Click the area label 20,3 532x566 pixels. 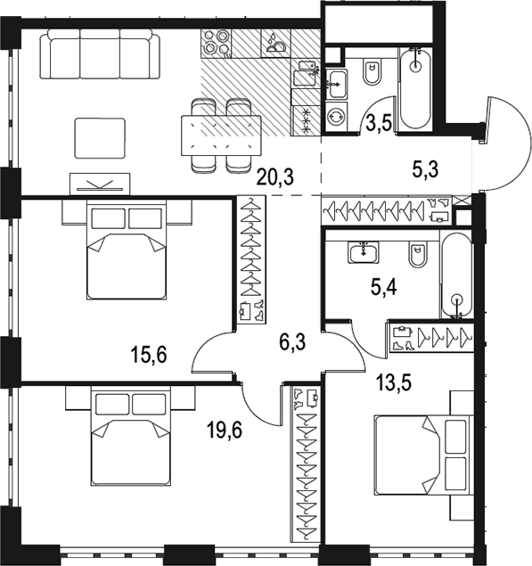[x=275, y=177]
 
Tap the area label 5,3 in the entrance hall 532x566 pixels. [x=426, y=169]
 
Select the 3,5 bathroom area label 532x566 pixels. [x=379, y=124]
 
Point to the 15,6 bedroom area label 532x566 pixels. [x=149, y=355]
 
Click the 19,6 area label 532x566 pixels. [x=225, y=431]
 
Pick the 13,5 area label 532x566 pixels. [x=394, y=383]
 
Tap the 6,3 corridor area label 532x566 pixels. [x=292, y=342]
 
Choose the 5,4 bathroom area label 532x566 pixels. [x=384, y=288]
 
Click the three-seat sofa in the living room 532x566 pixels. [x=100, y=53]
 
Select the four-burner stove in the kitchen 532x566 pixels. [x=217, y=44]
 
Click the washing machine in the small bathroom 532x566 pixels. [x=336, y=116]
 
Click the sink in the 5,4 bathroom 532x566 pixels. [x=364, y=251]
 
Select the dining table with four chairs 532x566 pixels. [x=221, y=135]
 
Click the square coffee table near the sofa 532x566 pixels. [x=100, y=138]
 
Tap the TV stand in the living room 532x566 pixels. [x=100, y=185]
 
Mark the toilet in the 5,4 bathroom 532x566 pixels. [x=418, y=254]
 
